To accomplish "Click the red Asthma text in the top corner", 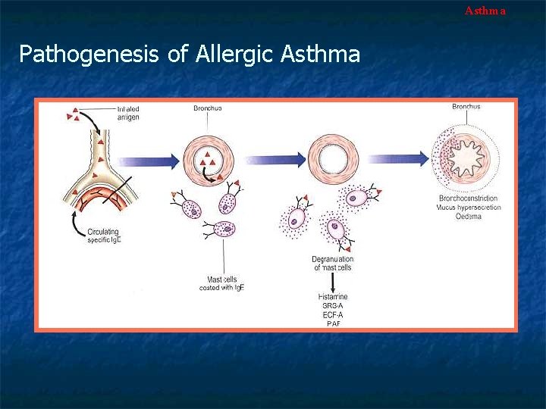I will tap(485, 11).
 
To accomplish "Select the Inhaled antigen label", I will tap(128, 113).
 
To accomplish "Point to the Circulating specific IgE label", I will tap(104, 236).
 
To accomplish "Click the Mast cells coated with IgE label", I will tap(226, 283).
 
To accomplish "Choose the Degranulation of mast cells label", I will tap(333, 263).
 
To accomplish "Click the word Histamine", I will tap(333, 297).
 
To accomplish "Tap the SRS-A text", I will tap(333, 306).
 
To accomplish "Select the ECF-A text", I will tap(333, 314).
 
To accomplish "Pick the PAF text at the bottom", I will tap(333, 323).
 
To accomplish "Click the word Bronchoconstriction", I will tap(468, 198).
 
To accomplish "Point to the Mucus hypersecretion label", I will tap(468, 208).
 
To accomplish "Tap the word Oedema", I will tap(468, 217).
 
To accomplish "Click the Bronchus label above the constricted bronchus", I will tap(466, 107).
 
